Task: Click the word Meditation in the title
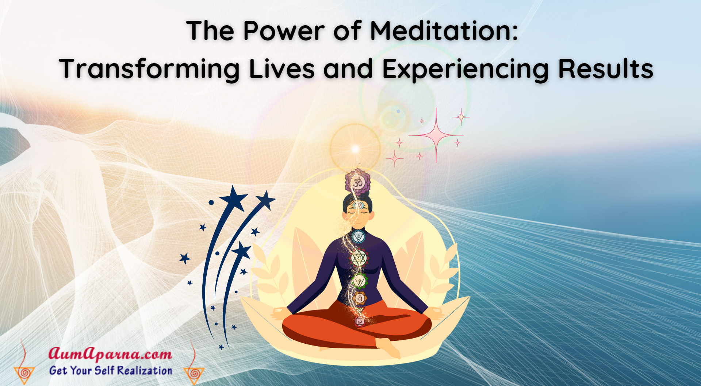coord(444,31)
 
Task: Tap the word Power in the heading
coord(284,31)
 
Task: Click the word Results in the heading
coord(606,69)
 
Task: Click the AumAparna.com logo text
coord(110,354)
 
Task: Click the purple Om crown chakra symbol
coord(358,181)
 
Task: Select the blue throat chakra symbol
coord(358,238)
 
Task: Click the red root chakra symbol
coord(360,322)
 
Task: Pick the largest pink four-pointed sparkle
coord(436,135)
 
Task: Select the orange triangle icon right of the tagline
coord(194,374)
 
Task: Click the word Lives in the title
coord(281,69)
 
